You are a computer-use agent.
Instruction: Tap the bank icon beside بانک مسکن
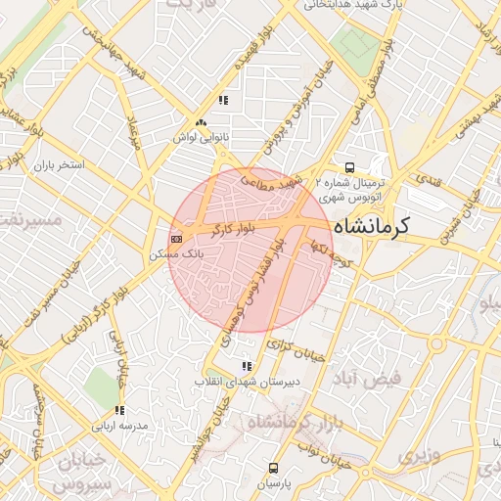pos(176,238)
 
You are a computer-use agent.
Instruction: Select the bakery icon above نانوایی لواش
pos(201,123)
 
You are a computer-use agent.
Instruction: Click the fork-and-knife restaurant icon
pos(224,100)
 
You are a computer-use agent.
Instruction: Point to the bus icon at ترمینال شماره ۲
pos(350,166)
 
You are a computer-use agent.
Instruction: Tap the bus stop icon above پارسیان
pos(273,467)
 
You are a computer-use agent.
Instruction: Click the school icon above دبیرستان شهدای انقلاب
pos(246,366)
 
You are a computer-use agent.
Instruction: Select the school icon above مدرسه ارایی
pos(119,410)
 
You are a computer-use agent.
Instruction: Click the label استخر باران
pos(62,165)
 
